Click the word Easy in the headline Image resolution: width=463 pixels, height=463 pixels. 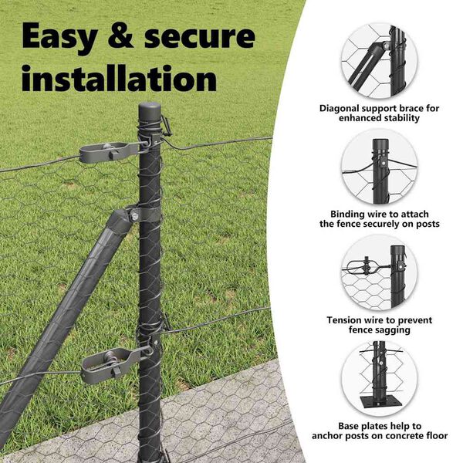(x=59, y=38)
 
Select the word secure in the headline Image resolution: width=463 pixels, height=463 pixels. (x=200, y=36)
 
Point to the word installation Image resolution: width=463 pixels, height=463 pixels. (x=119, y=78)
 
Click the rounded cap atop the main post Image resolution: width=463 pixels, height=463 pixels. (x=150, y=111)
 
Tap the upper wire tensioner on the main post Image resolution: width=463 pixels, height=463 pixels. (x=113, y=151)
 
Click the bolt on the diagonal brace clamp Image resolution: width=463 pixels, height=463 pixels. (x=133, y=213)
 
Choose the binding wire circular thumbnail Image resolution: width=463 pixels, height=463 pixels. (x=379, y=167)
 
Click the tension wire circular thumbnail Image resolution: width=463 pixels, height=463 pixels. (x=379, y=273)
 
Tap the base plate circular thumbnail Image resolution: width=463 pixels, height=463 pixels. (x=379, y=379)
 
